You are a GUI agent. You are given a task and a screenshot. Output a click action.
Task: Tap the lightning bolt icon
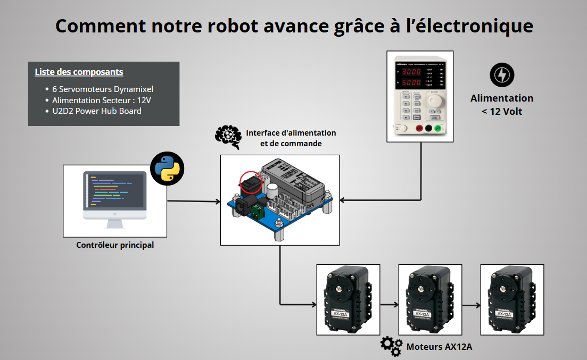click(501, 75)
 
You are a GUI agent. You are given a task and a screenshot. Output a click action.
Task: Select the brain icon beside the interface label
click(228, 136)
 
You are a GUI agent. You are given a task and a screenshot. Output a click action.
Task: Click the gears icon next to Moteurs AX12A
click(391, 346)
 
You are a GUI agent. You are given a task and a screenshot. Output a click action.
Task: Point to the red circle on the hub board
click(250, 182)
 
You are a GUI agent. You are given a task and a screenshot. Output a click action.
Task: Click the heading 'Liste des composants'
click(79, 72)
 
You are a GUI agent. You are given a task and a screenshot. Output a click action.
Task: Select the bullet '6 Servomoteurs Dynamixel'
click(103, 89)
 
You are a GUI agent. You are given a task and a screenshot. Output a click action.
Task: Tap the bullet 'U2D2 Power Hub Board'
click(97, 111)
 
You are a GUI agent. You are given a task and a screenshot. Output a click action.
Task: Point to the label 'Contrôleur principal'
click(115, 245)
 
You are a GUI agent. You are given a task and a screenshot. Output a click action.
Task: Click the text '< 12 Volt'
click(501, 111)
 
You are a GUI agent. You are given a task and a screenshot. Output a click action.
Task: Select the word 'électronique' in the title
click(466, 26)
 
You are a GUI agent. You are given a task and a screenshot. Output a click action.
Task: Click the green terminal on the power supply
click(439, 128)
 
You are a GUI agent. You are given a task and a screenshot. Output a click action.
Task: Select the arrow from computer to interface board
click(194, 202)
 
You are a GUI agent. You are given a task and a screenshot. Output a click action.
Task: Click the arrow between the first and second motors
click(390, 305)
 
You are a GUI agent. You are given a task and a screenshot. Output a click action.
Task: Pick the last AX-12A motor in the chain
click(511, 299)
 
